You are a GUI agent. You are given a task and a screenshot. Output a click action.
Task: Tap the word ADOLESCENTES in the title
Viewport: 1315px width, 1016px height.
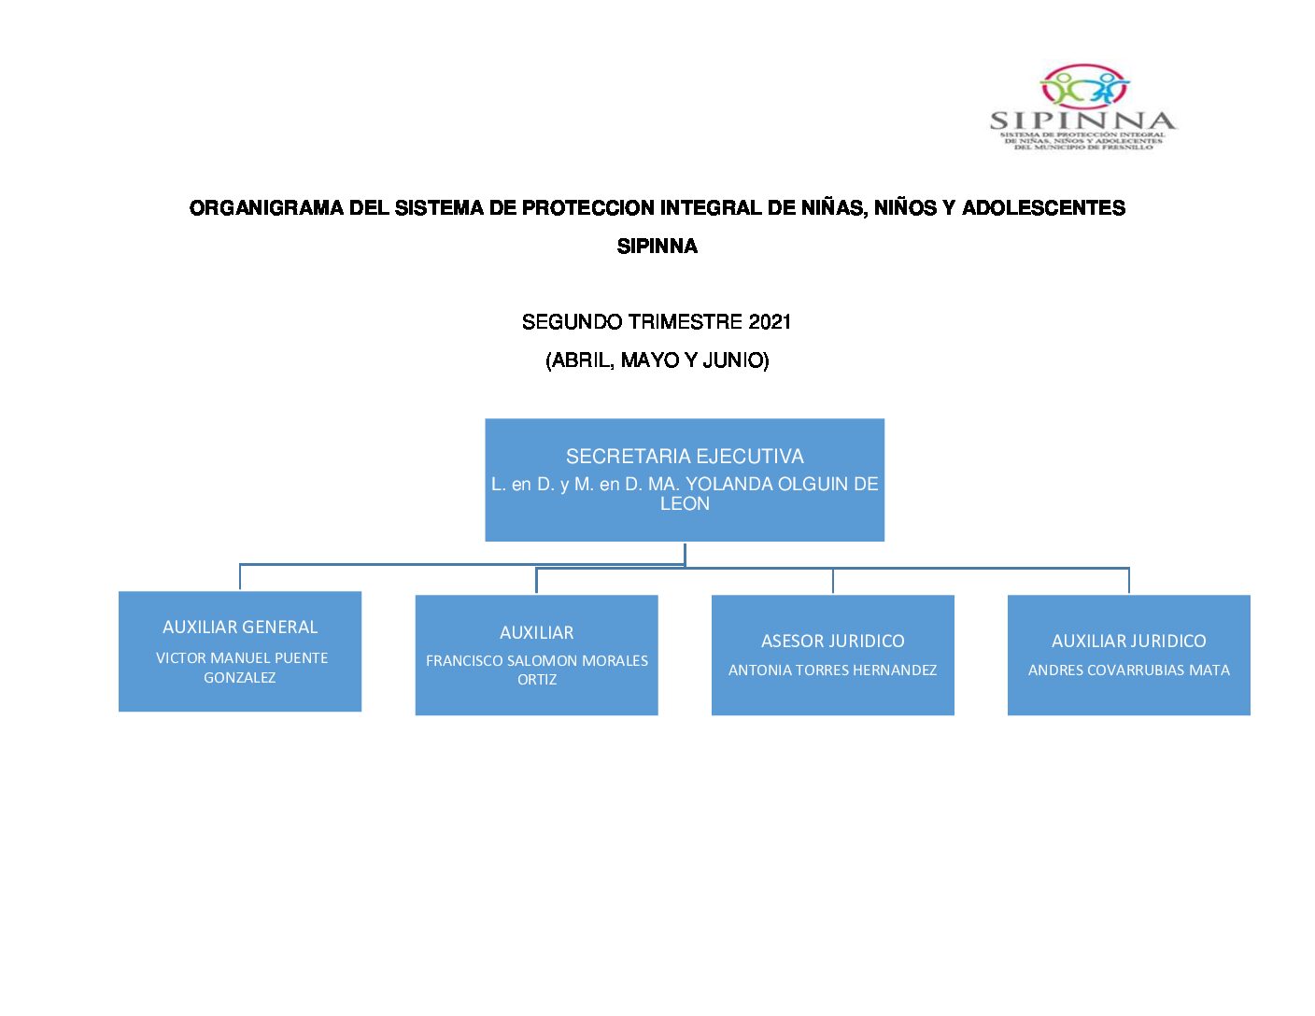[x=1043, y=208]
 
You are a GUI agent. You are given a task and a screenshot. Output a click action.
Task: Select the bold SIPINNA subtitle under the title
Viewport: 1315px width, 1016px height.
[x=657, y=247]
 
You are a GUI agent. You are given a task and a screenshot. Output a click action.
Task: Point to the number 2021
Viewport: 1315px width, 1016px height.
[x=770, y=322]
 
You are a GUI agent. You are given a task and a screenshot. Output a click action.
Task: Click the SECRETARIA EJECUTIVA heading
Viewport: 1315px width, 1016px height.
[x=685, y=457]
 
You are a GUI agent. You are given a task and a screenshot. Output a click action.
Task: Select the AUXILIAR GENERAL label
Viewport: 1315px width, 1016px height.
[x=240, y=628]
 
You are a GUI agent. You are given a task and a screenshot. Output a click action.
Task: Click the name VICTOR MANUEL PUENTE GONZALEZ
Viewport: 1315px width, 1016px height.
[x=241, y=668]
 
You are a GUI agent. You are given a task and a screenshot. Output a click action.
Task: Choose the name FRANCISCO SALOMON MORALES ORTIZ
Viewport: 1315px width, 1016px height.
[x=537, y=670]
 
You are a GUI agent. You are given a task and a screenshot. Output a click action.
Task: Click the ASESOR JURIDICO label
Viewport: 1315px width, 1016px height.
[x=832, y=642]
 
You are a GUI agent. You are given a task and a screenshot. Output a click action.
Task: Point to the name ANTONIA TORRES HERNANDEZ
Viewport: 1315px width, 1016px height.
[x=832, y=670]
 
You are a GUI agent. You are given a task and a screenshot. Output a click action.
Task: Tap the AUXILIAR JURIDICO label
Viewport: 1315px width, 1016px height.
[x=1128, y=642]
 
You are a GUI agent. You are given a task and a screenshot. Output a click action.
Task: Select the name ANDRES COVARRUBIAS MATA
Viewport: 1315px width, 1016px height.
[x=1128, y=670]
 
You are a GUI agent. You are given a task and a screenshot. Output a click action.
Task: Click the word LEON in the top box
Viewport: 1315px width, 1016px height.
[x=685, y=504]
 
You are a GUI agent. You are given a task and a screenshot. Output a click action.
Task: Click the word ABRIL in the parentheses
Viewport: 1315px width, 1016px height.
[x=582, y=360]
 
